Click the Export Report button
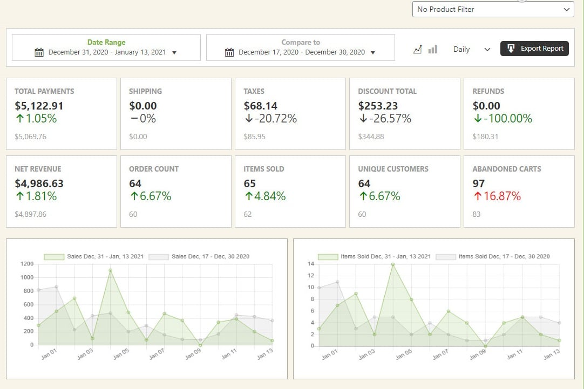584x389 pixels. pyautogui.click(x=534, y=49)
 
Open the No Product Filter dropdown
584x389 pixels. pyautogui.click(x=493, y=9)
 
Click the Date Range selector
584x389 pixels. pyautogui.click(x=106, y=47)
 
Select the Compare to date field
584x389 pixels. pyautogui.click(x=300, y=47)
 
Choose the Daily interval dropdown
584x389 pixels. pyautogui.click(x=471, y=49)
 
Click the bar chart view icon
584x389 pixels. pyautogui.click(x=433, y=49)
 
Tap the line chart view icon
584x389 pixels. pyautogui.click(x=417, y=49)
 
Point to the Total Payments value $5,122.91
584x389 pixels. pyautogui.click(x=39, y=106)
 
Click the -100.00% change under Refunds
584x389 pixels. pyautogui.click(x=502, y=119)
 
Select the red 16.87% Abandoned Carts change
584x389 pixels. pyautogui.click(x=497, y=196)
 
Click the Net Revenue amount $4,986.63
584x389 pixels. pyautogui.click(x=39, y=183)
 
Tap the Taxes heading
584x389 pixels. pyautogui.click(x=254, y=91)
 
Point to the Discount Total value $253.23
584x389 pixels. pyautogui.click(x=378, y=106)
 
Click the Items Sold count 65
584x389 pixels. pyautogui.click(x=249, y=183)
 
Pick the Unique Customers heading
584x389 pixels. pyautogui.click(x=393, y=169)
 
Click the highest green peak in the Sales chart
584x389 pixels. pyautogui.click(x=110, y=270)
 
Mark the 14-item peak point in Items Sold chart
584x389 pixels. pyautogui.click(x=393, y=264)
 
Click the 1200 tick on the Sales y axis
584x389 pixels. pyautogui.click(x=28, y=264)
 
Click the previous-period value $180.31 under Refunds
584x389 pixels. pyautogui.click(x=485, y=137)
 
